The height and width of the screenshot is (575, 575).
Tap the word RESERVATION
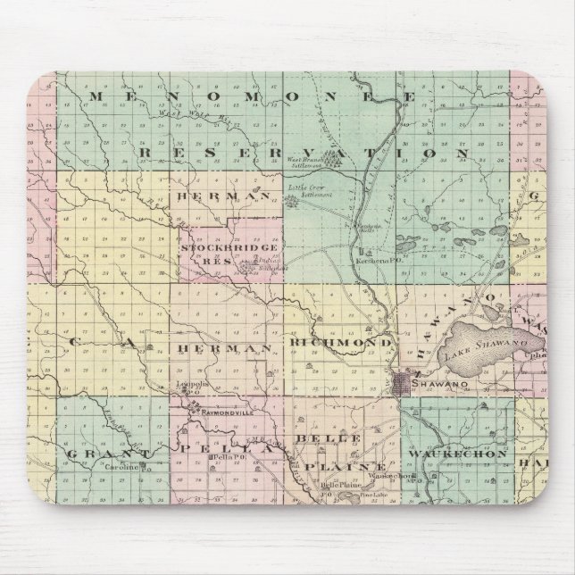[304, 154]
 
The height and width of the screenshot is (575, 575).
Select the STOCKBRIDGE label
[219, 246]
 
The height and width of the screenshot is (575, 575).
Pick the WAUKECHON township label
[457, 454]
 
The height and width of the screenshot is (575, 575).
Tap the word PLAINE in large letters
[344, 467]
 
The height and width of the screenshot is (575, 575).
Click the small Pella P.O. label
[221, 458]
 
